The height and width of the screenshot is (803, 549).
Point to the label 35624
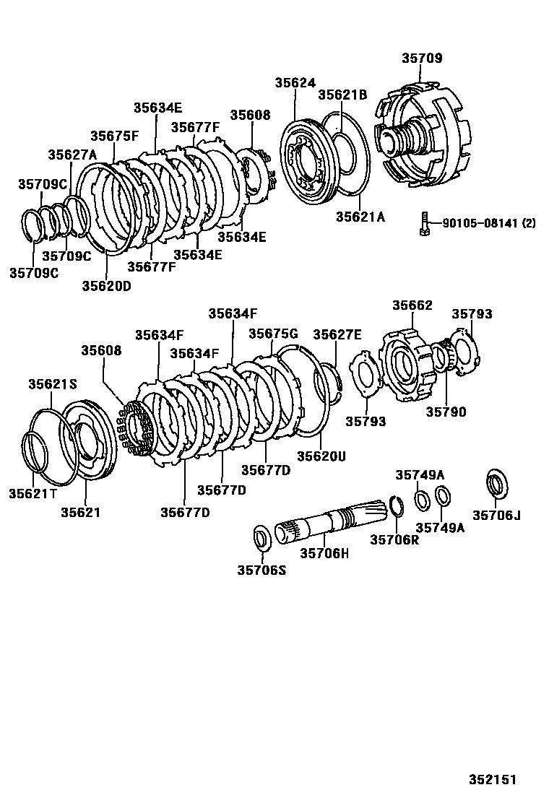coord(295,83)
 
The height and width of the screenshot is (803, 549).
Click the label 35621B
coord(343,95)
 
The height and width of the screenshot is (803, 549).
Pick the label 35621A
coord(360,216)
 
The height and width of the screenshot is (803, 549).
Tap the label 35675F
coord(114,136)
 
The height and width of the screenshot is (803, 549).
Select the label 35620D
coord(106,285)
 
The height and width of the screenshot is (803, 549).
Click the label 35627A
coord(72,155)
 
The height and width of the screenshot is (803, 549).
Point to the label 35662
coord(412,305)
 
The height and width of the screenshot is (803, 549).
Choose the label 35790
coord(446,412)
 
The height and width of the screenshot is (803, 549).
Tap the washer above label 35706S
coord(261,537)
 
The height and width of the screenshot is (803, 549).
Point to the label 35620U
coord(321,456)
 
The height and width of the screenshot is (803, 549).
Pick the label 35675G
coord(273,333)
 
